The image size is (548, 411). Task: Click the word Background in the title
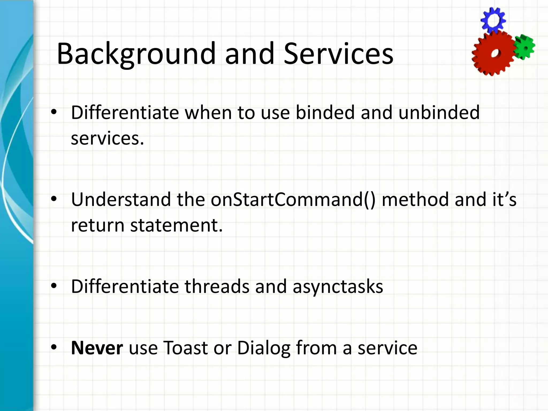pos(136,54)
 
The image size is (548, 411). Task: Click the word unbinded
pos(439,112)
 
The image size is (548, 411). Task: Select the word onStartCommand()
pos(293,200)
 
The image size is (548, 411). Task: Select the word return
pos(97,225)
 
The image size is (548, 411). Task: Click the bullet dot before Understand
pos(54,199)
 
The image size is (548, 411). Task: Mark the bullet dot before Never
pos(54,347)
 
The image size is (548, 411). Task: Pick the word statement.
pos(176,225)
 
